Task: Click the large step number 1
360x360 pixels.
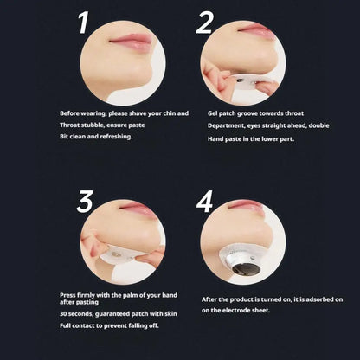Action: pos(83,23)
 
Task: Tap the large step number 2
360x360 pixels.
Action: pos(205,23)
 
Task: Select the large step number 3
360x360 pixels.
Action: pos(85,202)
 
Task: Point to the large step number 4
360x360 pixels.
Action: pos(204,202)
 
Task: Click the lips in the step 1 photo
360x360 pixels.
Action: pos(131,42)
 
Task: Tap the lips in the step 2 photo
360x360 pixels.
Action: pos(256,29)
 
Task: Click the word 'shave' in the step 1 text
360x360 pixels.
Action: pos(138,113)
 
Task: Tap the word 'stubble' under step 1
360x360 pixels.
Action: pos(93,125)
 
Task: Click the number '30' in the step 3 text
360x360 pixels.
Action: pos(63,314)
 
